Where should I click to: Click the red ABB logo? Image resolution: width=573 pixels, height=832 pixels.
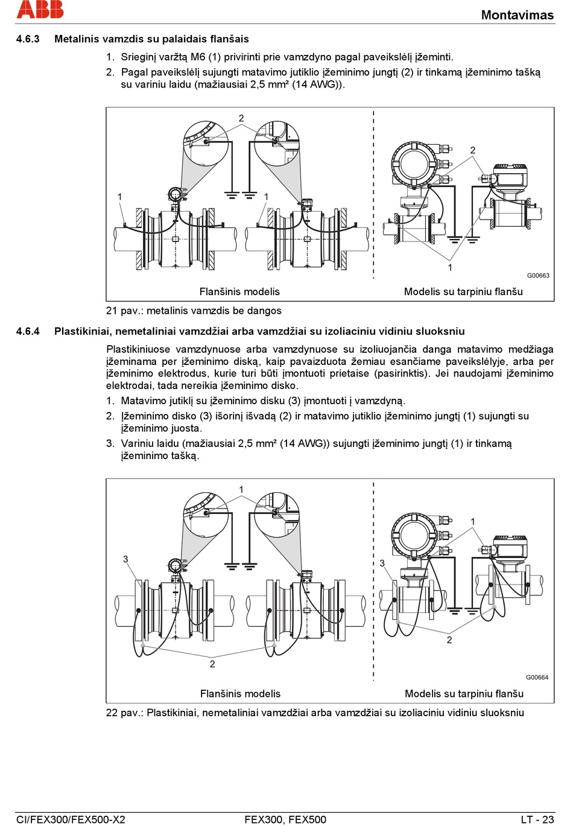tap(40, 9)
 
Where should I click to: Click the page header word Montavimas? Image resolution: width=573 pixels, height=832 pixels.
tap(517, 15)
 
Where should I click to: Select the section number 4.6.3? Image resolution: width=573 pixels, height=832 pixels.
tap(28, 39)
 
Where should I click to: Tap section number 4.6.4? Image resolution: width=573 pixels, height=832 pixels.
tap(28, 331)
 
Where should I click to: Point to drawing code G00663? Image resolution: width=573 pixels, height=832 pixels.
tap(538, 276)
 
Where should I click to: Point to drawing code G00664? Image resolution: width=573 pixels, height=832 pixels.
tap(537, 678)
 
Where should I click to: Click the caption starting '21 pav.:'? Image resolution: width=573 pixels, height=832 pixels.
tap(194, 311)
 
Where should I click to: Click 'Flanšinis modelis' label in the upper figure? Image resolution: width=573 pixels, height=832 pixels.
tap(239, 292)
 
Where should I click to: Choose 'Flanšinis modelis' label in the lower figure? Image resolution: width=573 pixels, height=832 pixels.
tap(240, 694)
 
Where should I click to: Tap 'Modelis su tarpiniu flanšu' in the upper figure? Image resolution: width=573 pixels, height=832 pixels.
tap(463, 292)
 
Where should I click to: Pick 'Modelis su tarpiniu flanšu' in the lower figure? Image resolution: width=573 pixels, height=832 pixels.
tap(464, 694)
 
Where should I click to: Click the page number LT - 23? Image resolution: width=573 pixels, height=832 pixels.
tap(537, 819)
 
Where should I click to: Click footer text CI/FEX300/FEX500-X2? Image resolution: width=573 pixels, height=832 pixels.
tap(71, 819)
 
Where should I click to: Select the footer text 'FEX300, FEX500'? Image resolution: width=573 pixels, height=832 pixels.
tap(285, 819)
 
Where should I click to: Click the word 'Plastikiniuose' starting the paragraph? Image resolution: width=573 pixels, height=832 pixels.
tap(138, 349)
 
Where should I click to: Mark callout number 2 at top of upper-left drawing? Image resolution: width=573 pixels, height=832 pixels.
tap(241, 118)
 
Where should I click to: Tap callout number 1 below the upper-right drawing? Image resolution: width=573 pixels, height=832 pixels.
tap(450, 267)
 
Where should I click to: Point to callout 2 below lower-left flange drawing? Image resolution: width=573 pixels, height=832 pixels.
tap(212, 664)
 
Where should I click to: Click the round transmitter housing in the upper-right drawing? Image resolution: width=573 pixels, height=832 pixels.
tap(413, 163)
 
